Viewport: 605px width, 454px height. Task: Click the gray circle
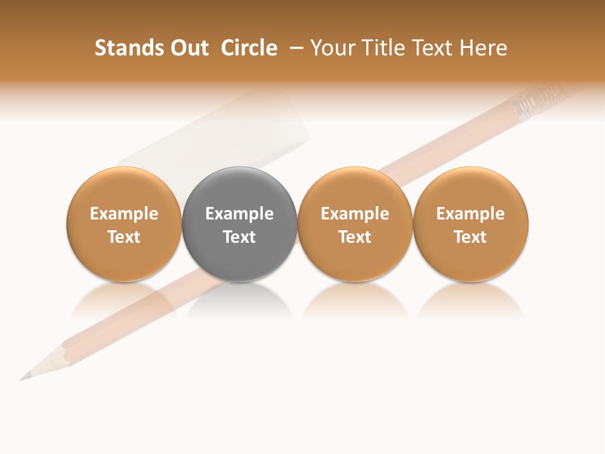tap(239, 189)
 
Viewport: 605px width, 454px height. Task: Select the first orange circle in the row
tap(124, 189)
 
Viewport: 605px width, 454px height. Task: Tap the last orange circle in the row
tap(470, 189)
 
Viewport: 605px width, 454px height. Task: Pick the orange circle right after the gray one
tap(355, 189)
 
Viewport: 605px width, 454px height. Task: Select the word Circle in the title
tap(249, 48)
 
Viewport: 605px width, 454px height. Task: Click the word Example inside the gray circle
tap(239, 214)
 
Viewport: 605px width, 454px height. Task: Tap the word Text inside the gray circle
tap(239, 237)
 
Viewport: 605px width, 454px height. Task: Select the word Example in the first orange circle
tap(124, 214)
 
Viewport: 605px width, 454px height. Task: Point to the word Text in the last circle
tap(470, 237)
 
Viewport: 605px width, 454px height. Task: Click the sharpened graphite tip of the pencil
tap(23, 378)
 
